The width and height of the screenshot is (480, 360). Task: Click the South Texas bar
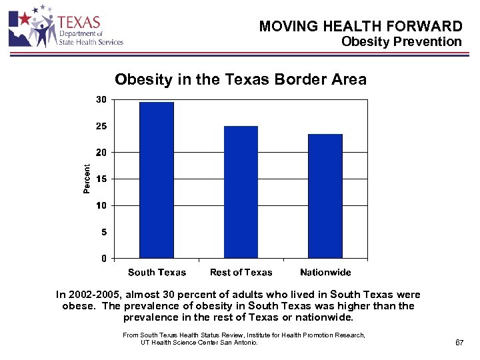pos(157,180)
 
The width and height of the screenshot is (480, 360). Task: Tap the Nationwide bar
pos(325,196)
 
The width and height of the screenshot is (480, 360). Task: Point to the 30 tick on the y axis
pos(101,99)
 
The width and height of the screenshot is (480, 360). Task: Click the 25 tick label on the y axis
pos(101,126)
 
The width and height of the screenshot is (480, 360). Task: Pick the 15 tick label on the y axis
pos(101,179)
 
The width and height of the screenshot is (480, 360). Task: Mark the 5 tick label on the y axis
pos(103,232)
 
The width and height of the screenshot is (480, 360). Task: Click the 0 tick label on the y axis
pos(103,258)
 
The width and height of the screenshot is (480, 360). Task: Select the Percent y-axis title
pos(87,179)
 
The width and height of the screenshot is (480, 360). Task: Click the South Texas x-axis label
pos(157,272)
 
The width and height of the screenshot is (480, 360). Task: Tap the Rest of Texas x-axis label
pos(241,272)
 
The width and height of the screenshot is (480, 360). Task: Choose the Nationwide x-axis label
pos(325,272)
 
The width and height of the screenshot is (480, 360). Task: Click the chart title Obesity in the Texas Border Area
pos(241,80)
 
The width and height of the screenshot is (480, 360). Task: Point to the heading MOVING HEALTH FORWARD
pos(360,27)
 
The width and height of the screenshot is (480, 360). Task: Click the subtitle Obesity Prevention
pos(401,41)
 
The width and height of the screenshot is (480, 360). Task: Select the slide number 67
pos(459,342)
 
